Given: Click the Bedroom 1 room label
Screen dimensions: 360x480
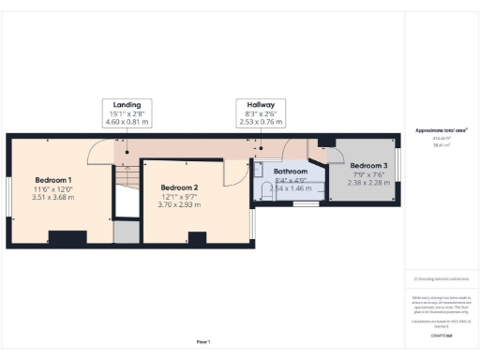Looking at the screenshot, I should coord(53,179).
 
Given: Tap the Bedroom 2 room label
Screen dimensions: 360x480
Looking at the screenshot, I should coord(179,187).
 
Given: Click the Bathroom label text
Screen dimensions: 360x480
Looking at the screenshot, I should coord(291,172).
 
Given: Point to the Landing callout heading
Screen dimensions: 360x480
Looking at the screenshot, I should coord(127,105).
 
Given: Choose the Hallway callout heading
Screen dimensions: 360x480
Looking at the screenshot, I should coord(259,105).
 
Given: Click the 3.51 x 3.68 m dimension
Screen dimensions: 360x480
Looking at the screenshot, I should coord(52,197).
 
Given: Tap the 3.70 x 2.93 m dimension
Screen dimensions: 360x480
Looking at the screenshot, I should coord(179,204).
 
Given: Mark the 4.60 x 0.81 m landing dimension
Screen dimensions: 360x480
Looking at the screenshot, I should coord(127,121).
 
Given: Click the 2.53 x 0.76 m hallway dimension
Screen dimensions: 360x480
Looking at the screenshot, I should coord(259,121).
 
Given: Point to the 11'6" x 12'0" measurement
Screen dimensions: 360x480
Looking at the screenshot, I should coord(52,188).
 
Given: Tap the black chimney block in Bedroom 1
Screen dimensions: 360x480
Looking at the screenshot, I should coord(67,237).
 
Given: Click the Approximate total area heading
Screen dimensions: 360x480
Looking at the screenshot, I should coord(441,130).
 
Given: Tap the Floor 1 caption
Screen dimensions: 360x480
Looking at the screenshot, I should coord(203,341).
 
